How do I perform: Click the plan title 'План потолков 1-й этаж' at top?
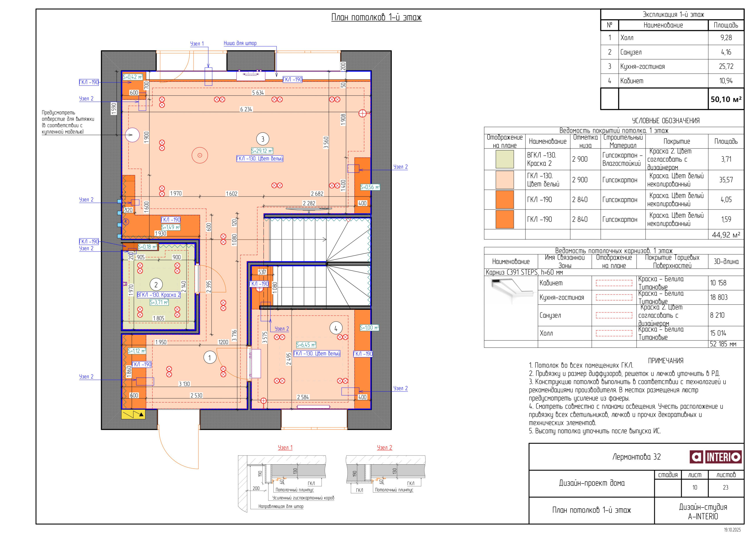[x=376, y=17]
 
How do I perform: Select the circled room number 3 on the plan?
[x=262, y=139]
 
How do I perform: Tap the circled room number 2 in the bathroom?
[x=156, y=285]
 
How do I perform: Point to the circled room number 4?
[x=336, y=328]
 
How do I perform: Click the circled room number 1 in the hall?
[x=210, y=357]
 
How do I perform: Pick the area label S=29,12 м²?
[x=262, y=151]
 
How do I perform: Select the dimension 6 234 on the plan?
[x=246, y=109]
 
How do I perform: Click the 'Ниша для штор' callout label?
[x=240, y=43]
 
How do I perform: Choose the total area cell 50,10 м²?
[x=726, y=99]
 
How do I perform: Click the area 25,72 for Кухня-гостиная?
[x=726, y=66]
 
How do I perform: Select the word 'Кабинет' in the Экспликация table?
[x=632, y=81]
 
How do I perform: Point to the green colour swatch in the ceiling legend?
[x=505, y=159]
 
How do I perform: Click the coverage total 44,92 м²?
[x=726, y=235]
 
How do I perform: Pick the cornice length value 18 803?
[x=719, y=297]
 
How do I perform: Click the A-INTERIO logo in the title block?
[x=716, y=456]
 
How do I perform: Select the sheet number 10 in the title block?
[x=694, y=487]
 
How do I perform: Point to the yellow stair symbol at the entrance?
[x=133, y=414]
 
